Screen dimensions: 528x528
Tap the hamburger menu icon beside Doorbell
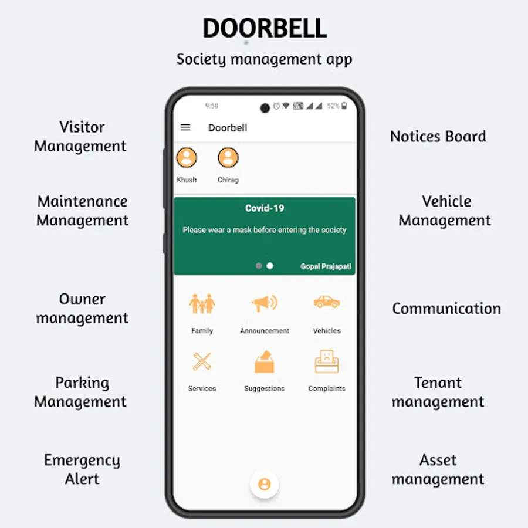[x=185, y=128]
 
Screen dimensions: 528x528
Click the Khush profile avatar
[x=187, y=158]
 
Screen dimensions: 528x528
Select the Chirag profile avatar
[x=228, y=158]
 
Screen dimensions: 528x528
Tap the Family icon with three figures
[x=202, y=303]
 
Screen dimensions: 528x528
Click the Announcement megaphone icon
[x=265, y=303]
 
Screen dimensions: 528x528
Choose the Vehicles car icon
[x=327, y=302]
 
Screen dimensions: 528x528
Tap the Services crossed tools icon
[x=202, y=361]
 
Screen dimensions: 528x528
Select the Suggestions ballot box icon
[x=265, y=361]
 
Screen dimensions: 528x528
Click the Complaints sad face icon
[x=327, y=361]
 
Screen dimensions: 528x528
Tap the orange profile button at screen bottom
[x=265, y=484]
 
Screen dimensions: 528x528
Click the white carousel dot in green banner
[x=270, y=266]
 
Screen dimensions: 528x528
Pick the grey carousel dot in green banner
[x=259, y=266]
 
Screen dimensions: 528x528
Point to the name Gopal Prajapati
[x=326, y=267]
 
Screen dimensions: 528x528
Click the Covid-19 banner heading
[x=265, y=208]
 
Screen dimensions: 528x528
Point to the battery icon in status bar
[x=344, y=106]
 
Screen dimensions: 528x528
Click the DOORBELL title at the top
[x=265, y=28]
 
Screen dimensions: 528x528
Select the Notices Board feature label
[x=438, y=137]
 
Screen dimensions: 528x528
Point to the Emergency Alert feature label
[x=82, y=469]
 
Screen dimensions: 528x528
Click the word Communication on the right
[x=446, y=309]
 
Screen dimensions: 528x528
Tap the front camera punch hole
[x=265, y=108]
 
